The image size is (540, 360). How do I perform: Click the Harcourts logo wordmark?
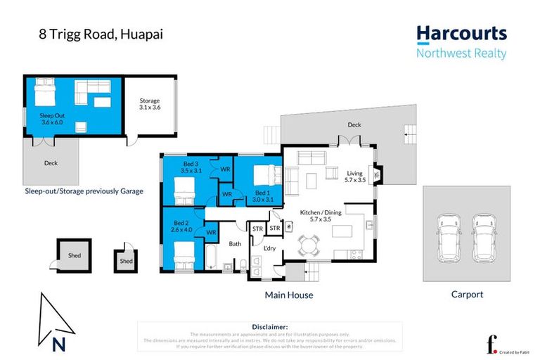[461, 33]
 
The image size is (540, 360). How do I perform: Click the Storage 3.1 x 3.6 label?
[149, 105]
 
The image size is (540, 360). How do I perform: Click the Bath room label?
[234, 244]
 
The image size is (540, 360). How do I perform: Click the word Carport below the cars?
[467, 295]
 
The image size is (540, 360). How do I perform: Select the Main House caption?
[288, 295]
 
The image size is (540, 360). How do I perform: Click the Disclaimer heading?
[269, 327]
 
